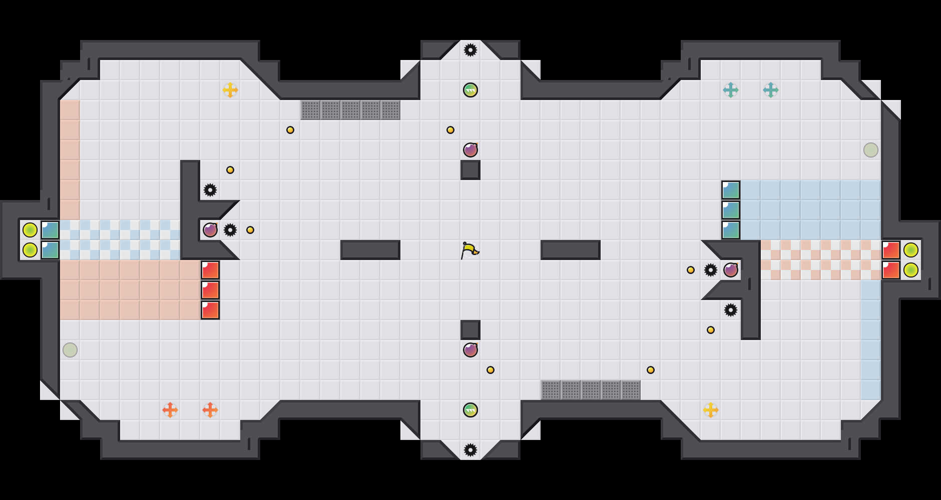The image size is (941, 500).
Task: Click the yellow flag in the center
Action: [x=469, y=250]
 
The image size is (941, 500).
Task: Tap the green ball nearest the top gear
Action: [x=470, y=90]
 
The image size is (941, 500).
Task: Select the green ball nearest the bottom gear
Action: [x=470, y=410]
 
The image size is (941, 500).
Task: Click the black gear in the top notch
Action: [x=470, y=50]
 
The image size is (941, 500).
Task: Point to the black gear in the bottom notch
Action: [x=470, y=450]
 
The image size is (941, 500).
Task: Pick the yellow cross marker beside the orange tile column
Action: [x=230, y=90]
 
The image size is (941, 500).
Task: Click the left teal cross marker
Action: [x=731, y=90]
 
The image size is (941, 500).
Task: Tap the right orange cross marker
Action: [x=210, y=410]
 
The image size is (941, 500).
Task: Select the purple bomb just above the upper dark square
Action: [x=470, y=150]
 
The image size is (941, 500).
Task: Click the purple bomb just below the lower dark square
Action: [x=470, y=350]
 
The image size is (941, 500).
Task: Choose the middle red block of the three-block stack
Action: [x=210, y=290]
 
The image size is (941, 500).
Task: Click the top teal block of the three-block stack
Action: [x=731, y=190]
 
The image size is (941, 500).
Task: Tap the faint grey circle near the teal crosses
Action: [x=871, y=150]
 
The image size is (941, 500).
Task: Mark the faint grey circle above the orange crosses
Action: [x=70, y=350]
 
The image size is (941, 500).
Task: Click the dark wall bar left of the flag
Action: [x=370, y=250]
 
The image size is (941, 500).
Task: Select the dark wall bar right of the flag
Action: [x=571, y=250]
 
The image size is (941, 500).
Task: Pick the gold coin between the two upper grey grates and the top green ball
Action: [x=450, y=130]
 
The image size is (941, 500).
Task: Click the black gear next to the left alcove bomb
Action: [x=230, y=230]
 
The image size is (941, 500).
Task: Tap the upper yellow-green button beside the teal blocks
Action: [x=30, y=230]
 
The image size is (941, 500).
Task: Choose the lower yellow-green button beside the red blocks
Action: [x=911, y=270]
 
